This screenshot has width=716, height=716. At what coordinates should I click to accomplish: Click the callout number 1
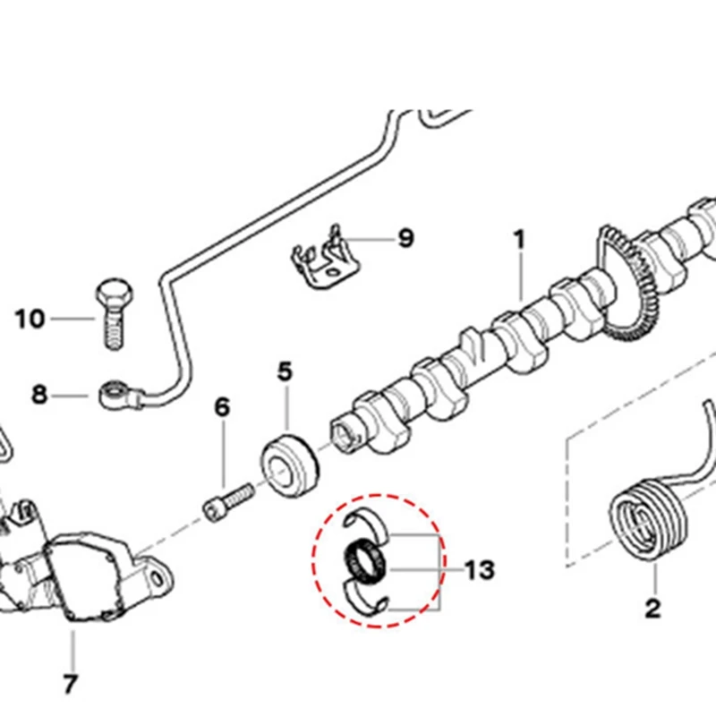click(518, 240)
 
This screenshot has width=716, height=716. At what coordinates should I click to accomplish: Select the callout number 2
click(652, 609)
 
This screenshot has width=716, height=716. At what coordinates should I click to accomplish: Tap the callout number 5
click(285, 371)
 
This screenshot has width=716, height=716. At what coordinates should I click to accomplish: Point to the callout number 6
click(221, 407)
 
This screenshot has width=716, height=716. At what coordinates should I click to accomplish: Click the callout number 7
click(71, 685)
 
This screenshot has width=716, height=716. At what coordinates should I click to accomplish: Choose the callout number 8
click(38, 394)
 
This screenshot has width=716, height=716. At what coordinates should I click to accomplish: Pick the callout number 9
click(405, 239)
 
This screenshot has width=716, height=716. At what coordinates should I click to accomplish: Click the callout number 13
click(480, 569)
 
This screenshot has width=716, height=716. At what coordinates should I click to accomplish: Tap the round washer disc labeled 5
click(289, 464)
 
